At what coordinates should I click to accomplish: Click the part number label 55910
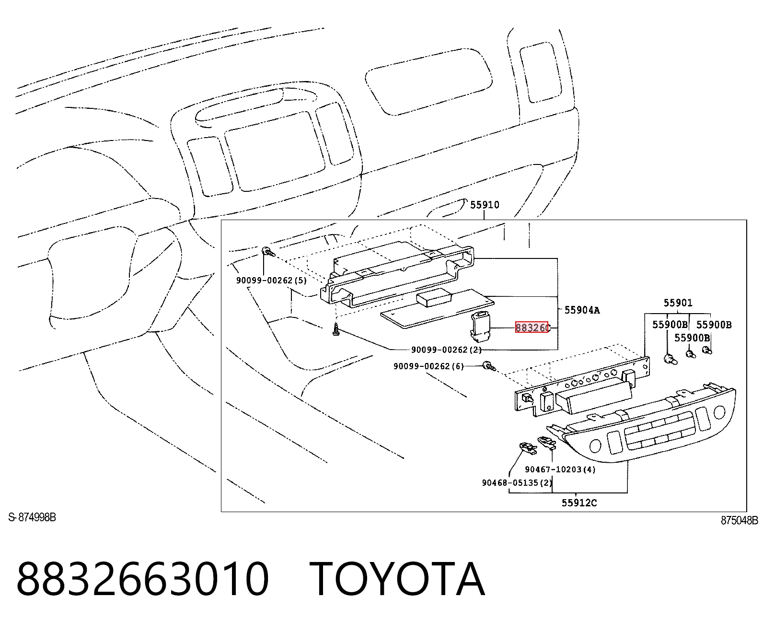(485, 205)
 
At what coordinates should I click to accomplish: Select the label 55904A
(582, 310)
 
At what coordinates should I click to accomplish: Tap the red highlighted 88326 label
(532, 328)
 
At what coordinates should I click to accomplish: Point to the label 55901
(678, 303)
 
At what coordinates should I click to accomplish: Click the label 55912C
(579, 503)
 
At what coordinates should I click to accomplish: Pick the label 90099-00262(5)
(272, 281)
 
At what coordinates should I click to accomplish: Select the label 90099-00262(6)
(428, 366)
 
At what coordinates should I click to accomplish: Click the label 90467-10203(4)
(560, 469)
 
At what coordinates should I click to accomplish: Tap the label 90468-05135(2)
(517, 483)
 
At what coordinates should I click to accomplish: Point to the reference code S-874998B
(32, 517)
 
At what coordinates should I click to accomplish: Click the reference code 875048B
(739, 520)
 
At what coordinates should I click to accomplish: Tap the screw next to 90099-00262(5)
(268, 252)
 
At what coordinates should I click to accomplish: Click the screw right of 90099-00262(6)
(489, 366)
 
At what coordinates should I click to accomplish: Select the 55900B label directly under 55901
(670, 325)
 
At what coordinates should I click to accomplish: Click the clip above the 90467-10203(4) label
(546, 443)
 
